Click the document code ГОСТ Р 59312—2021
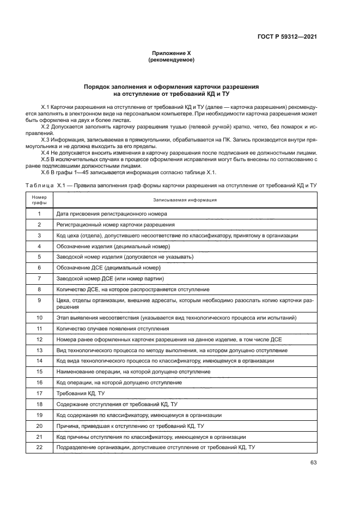(x=287, y=37)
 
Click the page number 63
(x=313, y=462)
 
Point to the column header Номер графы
(x=39, y=200)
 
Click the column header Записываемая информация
(x=185, y=200)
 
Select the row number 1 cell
(x=39, y=214)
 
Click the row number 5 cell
(x=39, y=256)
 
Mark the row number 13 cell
(x=39, y=349)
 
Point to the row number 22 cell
(x=39, y=447)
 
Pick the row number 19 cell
(x=39, y=415)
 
